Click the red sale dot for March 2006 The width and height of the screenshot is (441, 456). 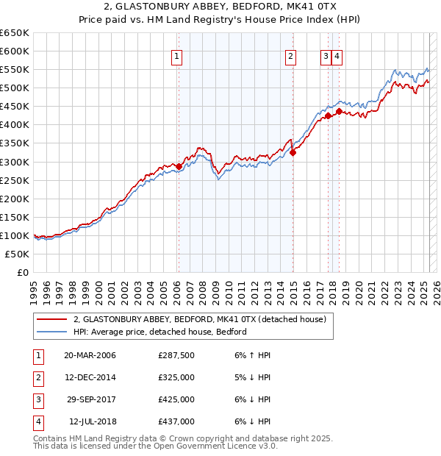coord(179,166)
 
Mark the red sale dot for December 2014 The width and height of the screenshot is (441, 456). coord(293,152)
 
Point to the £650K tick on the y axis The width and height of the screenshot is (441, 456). coord(15,33)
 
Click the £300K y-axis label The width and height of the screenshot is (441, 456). coord(15,162)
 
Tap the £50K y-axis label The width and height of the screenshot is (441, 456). coord(18,254)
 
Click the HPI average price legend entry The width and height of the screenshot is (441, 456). coord(159,332)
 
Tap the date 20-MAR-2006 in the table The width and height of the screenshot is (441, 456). coord(90,355)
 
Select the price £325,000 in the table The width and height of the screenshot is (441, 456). coord(176,377)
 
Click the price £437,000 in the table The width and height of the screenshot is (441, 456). coord(176,421)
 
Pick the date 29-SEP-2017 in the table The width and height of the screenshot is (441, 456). coord(90,399)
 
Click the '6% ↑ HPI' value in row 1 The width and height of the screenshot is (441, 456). coord(253,355)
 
